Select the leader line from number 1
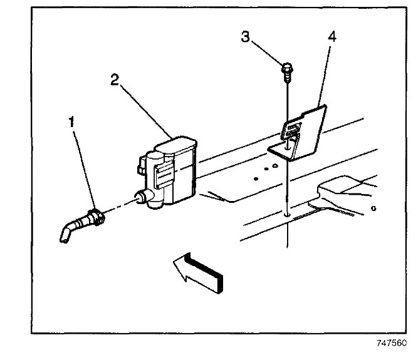click(x=84, y=169)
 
